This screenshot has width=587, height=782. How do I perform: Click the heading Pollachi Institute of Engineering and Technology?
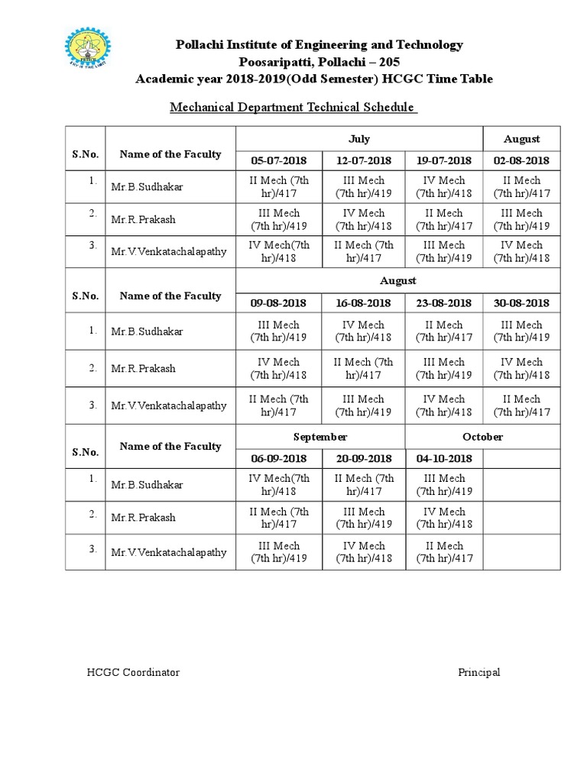point(319,45)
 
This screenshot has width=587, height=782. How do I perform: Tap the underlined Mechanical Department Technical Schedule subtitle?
point(293,108)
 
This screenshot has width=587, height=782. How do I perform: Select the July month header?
point(359,139)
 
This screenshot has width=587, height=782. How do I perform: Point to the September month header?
point(321,437)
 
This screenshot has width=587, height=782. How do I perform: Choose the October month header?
point(483,437)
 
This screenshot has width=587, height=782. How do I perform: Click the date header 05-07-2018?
point(279,160)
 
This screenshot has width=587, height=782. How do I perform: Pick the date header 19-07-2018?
point(444,160)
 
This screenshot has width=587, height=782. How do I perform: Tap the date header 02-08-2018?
point(521,160)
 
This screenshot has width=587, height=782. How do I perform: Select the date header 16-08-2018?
point(364,303)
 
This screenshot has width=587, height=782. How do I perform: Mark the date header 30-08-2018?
point(521,303)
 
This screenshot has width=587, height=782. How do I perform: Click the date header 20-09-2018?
point(364,458)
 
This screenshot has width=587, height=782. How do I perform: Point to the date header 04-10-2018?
point(444,458)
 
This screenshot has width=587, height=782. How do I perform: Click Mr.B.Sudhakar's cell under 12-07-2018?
point(364,187)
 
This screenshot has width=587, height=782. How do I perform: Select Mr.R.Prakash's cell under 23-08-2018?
point(444,368)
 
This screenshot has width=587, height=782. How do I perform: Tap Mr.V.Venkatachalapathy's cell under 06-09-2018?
point(279,552)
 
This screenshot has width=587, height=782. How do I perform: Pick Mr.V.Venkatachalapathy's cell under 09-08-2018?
point(279,406)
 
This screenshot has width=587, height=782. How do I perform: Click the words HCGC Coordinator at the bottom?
point(132,673)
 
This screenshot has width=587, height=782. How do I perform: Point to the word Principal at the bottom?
point(479,673)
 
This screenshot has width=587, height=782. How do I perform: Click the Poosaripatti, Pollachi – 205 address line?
point(319,62)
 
